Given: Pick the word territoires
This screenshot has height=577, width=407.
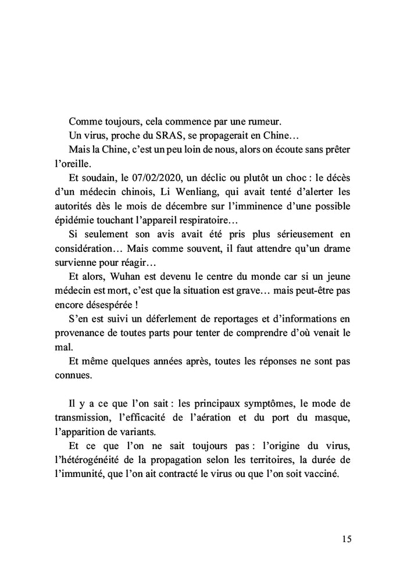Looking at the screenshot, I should [267, 459].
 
